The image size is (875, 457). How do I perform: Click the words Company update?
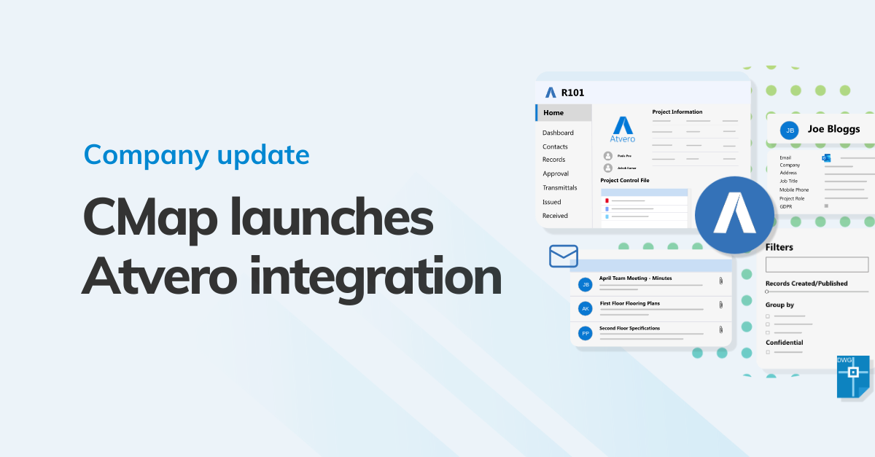[x=196, y=155]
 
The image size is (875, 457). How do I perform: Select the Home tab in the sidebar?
[x=554, y=113]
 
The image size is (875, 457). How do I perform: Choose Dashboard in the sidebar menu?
[x=558, y=133]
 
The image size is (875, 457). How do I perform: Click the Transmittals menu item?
[x=560, y=187]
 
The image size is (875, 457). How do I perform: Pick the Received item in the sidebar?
[x=555, y=216]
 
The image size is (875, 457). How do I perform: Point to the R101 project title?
[x=572, y=93]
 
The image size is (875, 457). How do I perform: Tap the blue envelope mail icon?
[x=564, y=256]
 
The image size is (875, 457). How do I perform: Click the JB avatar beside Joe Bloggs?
[x=788, y=130]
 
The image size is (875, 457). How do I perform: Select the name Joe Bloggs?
[x=833, y=129]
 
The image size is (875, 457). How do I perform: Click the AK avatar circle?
[x=585, y=309]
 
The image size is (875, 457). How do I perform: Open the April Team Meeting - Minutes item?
[x=635, y=278]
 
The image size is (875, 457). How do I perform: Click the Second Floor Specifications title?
[x=629, y=328]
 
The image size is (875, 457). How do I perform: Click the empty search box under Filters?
[x=817, y=265]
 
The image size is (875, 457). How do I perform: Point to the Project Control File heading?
[x=624, y=180]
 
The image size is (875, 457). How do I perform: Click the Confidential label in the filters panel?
[x=784, y=343]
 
